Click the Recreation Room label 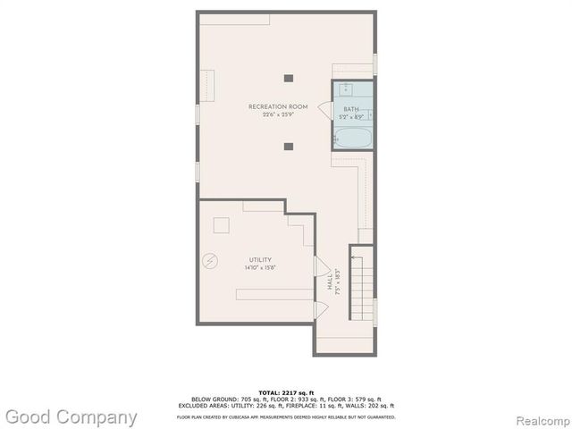click(x=278, y=107)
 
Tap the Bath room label click(x=350, y=109)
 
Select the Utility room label click(x=260, y=260)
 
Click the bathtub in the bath click(x=352, y=137)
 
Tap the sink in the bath click(x=346, y=89)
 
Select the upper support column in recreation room click(x=288, y=77)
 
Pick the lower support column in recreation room click(x=288, y=146)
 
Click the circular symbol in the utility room click(x=210, y=261)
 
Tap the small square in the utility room click(x=221, y=225)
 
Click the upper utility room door click(x=321, y=266)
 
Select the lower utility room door click(x=321, y=309)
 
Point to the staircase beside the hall click(x=360, y=283)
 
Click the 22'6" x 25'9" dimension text click(x=278, y=115)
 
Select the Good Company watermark click(x=71, y=417)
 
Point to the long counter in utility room click(x=274, y=294)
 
